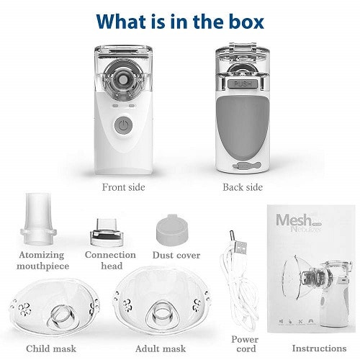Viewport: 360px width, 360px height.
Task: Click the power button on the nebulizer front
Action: [x=123, y=125]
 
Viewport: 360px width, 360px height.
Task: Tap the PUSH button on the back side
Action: [x=243, y=84]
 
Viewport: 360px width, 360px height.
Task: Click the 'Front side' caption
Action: [x=123, y=187]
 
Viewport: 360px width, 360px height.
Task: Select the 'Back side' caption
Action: [x=243, y=187]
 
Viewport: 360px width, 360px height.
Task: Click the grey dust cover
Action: [x=172, y=230]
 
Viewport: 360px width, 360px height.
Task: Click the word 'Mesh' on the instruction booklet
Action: [x=293, y=220]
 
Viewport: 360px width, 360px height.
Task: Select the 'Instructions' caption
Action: [x=319, y=348]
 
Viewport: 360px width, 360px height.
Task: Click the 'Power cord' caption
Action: [x=245, y=344]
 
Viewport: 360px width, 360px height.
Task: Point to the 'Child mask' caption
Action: [x=51, y=348]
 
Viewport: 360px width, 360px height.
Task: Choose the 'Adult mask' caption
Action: [x=161, y=348]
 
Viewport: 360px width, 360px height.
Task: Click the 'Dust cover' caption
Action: [x=176, y=255]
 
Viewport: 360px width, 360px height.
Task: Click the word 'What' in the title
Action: [x=122, y=22]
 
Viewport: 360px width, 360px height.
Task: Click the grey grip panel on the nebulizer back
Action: [x=243, y=127]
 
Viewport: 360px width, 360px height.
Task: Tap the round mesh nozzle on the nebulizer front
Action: [x=123, y=80]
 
